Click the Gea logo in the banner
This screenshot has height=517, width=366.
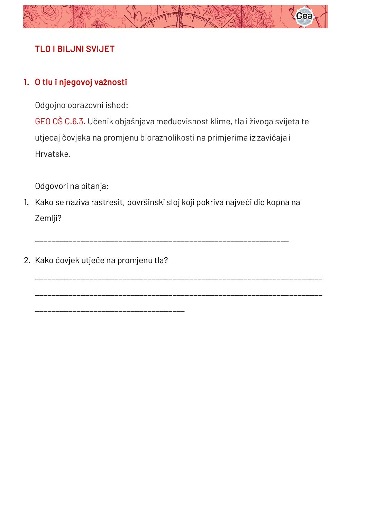click(304, 16)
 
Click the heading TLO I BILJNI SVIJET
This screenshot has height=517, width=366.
click(74, 49)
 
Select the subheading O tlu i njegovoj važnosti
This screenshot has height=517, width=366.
click(81, 82)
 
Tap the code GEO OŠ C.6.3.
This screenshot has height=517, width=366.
click(60, 122)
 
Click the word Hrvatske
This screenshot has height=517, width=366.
click(53, 154)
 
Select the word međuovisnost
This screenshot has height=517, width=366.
click(182, 122)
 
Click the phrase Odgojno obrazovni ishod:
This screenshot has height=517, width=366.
click(81, 105)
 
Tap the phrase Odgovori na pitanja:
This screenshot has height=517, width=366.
click(72, 186)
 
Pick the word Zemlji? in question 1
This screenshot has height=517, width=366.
click(48, 218)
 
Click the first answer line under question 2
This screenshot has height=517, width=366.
click(179, 278)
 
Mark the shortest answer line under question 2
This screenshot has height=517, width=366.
click(110, 312)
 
